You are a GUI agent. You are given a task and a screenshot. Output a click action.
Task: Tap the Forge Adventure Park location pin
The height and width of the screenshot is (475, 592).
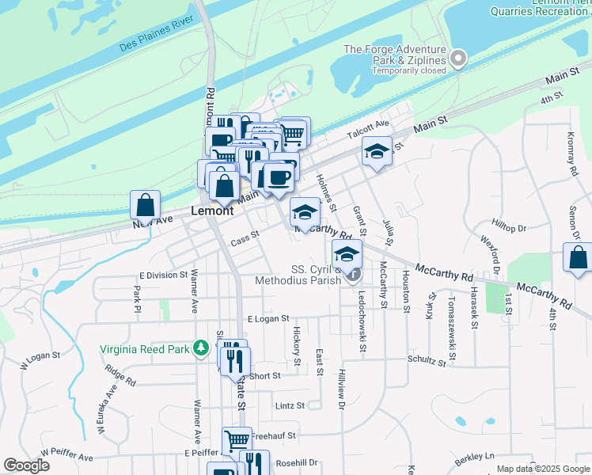click(x=458, y=59)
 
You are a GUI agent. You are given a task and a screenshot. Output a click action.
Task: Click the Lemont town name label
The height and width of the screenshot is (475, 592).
click(x=213, y=211)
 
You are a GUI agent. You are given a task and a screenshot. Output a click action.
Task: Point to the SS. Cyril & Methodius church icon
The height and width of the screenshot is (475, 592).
click(x=353, y=275)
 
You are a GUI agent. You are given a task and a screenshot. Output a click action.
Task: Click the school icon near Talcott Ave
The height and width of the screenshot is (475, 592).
click(x=378, y=150)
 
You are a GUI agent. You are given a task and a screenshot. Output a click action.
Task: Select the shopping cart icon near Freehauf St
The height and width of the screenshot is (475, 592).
click(x=237, y=440)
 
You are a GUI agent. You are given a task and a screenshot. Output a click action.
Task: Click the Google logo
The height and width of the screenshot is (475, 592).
click(x=26, y=465)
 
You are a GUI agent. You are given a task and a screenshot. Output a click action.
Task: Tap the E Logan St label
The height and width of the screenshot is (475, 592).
click(x=271, y=318)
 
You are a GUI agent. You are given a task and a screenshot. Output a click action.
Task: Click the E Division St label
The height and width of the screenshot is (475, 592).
click(x=162, y=275)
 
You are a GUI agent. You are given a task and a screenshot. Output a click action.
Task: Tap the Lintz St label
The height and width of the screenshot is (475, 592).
click(x=290, y=405)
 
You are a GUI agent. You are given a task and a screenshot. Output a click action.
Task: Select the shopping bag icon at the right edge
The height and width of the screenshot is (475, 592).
click(x=578, y=257)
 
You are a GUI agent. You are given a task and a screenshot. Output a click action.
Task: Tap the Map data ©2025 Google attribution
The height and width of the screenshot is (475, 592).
click(x=543, y=469)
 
